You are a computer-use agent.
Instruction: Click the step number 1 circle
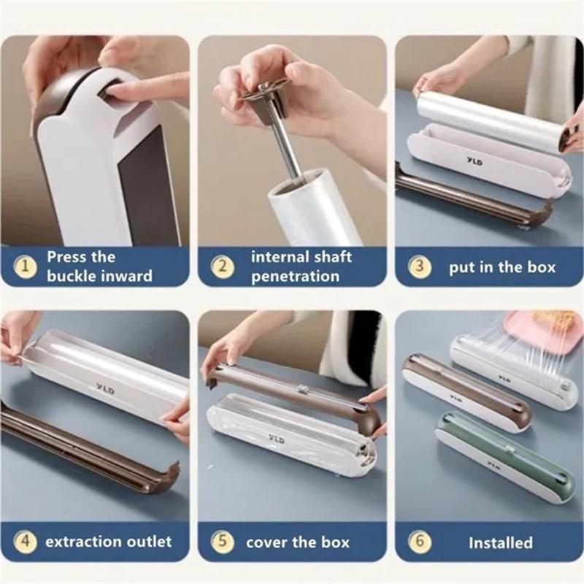tap(26, 266)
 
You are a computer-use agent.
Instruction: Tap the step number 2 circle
tap(223, 266)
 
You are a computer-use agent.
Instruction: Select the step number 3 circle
tap(419, 266)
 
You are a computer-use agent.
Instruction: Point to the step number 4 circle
tap(26, 542)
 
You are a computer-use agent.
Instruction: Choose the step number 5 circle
tap(223, 542)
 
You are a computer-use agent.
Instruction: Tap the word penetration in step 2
tap(295, 276)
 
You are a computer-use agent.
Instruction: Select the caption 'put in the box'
tap(502, 266)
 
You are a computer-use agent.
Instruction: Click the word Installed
tap(500, 542)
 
